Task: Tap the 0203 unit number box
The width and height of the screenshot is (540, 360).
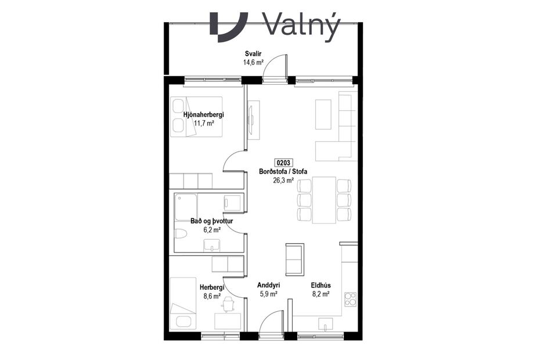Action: pyautogui.click(x=283, y=163)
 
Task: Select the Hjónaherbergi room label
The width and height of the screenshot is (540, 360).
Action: pyautogui.click(x=203, y=115)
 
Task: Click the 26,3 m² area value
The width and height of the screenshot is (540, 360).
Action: pyautogui.click(x=283, y=180)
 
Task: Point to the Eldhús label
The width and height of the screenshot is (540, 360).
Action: pyautogui.click(x=321, y=286)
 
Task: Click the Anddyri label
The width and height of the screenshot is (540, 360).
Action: pyautogui.click(x=268, y=286)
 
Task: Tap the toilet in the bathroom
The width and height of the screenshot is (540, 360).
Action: pyautogui.click(x=180, y=235)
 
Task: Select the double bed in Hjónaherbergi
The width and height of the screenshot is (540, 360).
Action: pyautogui.click(x=196, y=116)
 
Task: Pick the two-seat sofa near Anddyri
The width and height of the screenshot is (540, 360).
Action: pyautogui.click(x=294, y=260)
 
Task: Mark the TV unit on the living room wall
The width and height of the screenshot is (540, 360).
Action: pyautogui.click(x=254, y=118)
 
